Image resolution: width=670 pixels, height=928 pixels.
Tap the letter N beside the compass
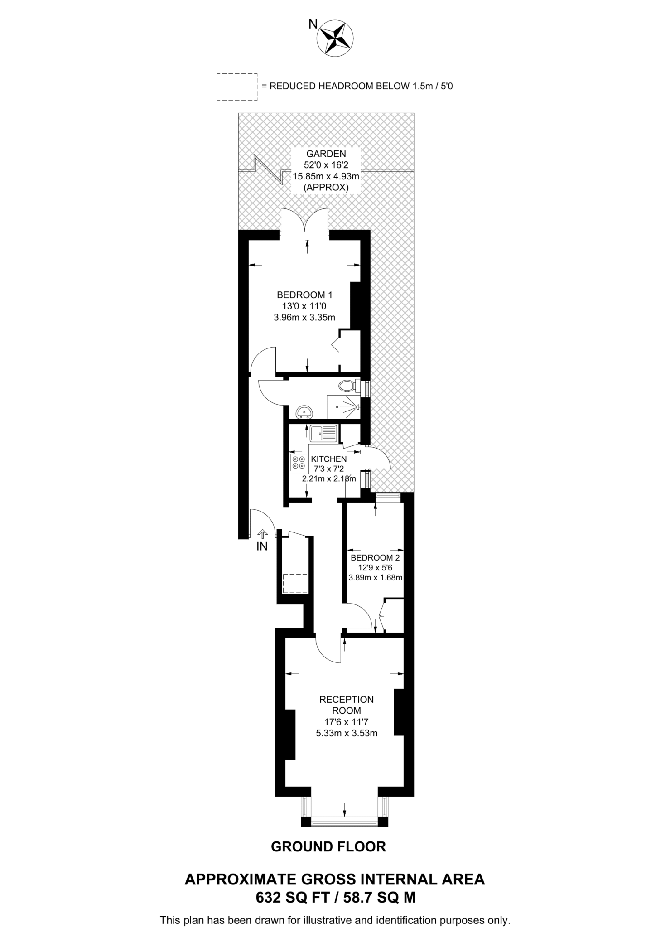tap(313, 24)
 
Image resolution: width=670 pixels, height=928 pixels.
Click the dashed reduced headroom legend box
tap(237, 87)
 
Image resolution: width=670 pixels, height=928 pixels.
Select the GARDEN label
tap(320, 154)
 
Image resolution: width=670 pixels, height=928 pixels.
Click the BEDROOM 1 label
tap(304, 295)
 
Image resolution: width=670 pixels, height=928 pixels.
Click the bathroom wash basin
tap(304, 412)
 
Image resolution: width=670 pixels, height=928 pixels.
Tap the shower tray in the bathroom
tap(343, 407)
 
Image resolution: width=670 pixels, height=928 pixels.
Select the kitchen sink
tap(323, 433)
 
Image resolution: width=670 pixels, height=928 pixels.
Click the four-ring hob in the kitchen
tap(299, 462)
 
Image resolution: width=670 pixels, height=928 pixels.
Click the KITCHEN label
tap(329, 459)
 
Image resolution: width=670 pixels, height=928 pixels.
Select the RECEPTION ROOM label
tap(347, 705)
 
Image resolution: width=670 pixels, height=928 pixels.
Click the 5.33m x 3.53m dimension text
tap(347, 733)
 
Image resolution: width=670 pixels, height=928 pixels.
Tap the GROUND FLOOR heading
tap(328, 846)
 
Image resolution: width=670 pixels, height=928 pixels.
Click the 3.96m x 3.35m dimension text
tap(304, 317)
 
